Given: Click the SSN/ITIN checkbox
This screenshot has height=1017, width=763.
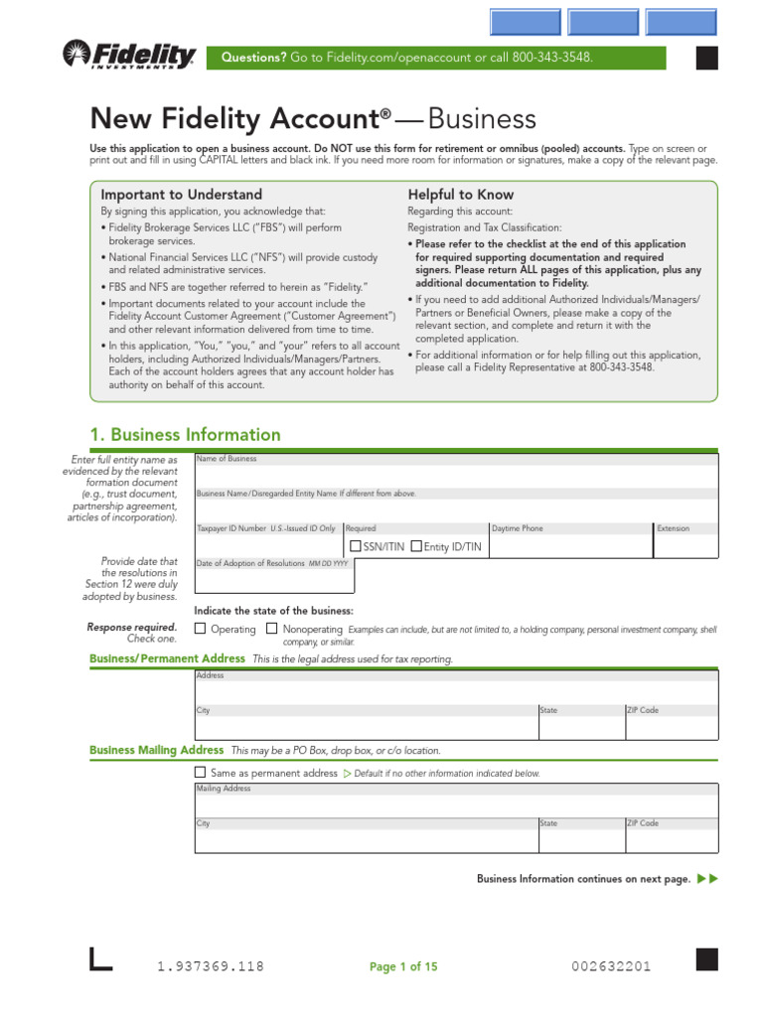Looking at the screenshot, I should (x=355, y=545).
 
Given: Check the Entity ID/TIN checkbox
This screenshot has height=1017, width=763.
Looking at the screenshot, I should (x=416, y=545).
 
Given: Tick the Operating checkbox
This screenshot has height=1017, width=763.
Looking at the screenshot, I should (x=200, y=629).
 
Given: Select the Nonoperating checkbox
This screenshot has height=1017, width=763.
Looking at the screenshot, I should (x=271, y=629).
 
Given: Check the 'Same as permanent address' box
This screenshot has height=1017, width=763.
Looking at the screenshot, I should (x=200, y=772).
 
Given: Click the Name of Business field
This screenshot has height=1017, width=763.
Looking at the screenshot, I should (x=455, y=474).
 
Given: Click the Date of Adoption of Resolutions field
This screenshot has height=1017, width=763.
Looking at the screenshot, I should (x=268, y=579).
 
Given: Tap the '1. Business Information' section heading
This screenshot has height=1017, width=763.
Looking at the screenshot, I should (x=185, y=435).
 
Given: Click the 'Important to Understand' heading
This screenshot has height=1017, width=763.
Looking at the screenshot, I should (x=181, y=195).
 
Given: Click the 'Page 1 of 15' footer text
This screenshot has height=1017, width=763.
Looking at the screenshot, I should (x=403, y=966).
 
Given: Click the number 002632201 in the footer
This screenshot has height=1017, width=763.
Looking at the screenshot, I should (x=611, y=966).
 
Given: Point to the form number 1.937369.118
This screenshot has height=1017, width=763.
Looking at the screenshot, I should (x=211, y=966).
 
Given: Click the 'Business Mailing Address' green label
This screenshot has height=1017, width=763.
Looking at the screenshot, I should (x=156, y=750).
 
